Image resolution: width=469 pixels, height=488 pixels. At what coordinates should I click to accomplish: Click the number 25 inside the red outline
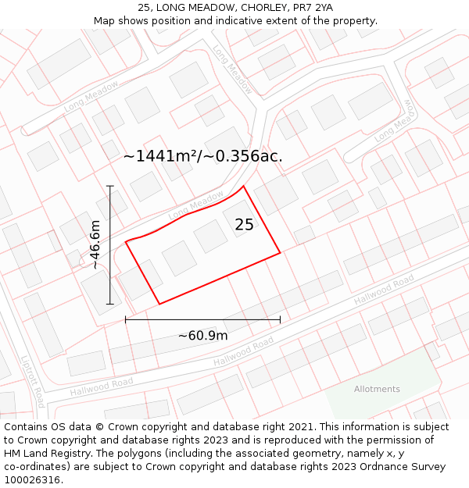pos(244,225)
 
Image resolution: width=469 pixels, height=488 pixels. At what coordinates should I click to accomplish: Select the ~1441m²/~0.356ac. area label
pos(202,156)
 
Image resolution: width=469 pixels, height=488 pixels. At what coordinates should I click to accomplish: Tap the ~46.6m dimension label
pos(95,244)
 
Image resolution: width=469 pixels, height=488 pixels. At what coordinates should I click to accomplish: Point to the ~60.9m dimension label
pos(202,336)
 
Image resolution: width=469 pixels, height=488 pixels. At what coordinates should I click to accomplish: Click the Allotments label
pos(377,389)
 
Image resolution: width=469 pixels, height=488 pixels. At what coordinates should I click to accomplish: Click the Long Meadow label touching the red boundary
pos(195,205)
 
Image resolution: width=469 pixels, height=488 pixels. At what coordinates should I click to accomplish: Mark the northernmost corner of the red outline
pos(244,186)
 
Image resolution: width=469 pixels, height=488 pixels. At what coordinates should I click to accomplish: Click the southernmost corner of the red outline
pos(159,304)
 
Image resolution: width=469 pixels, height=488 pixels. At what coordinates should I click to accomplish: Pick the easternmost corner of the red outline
pos(280,252)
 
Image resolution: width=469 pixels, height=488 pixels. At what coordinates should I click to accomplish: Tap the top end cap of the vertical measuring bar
pos(110,186)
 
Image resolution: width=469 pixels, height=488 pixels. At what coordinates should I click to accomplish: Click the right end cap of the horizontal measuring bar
pos(280,319)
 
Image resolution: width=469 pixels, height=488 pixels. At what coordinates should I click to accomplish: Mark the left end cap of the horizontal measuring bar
pos(125,319)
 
